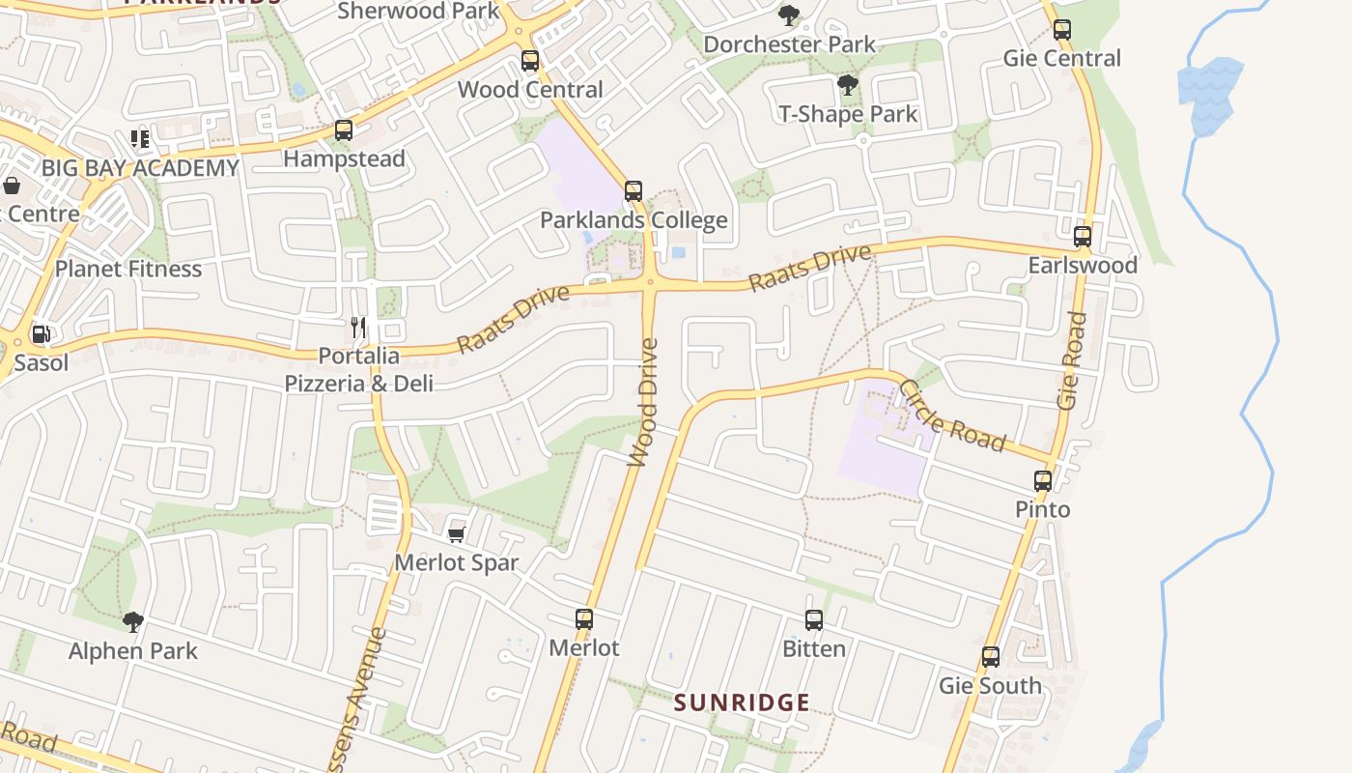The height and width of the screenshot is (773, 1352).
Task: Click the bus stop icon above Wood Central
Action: click(x=529, y=61)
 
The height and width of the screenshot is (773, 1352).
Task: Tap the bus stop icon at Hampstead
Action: click(x=343, y=130)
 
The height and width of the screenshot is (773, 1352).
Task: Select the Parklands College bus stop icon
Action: click(x=634, y=191)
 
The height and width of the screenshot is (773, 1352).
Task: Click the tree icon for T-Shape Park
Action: click(x=848, y=86)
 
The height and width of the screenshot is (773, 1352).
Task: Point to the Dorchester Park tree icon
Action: click(x=789, y=15)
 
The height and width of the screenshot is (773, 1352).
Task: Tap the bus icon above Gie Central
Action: click(x=1062, y=30)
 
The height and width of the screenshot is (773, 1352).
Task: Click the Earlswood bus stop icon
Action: click(x=1083, y=237)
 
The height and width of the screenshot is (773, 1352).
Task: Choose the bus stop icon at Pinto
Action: click(x=1043, y=481)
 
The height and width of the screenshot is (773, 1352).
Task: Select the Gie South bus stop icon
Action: click(x=991, y=658)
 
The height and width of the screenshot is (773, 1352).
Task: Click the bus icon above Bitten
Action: click(x=814, y=620)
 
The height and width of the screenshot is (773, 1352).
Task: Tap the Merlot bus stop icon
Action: click(x=584, y=619)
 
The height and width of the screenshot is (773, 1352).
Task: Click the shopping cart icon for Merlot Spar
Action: click(x=457, y=534)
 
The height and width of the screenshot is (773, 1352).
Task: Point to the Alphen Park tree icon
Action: click(x=133, y=622)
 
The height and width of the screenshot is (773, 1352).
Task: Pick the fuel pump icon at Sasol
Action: click(x=41, y=335)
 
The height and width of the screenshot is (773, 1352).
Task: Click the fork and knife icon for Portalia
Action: click(x=358, y=328)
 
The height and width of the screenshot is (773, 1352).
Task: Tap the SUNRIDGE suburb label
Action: click(x=742, y=702)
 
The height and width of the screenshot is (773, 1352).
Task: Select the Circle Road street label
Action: click(x=952, y=416)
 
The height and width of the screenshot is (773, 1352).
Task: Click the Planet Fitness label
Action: click(x=128, y=269)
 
